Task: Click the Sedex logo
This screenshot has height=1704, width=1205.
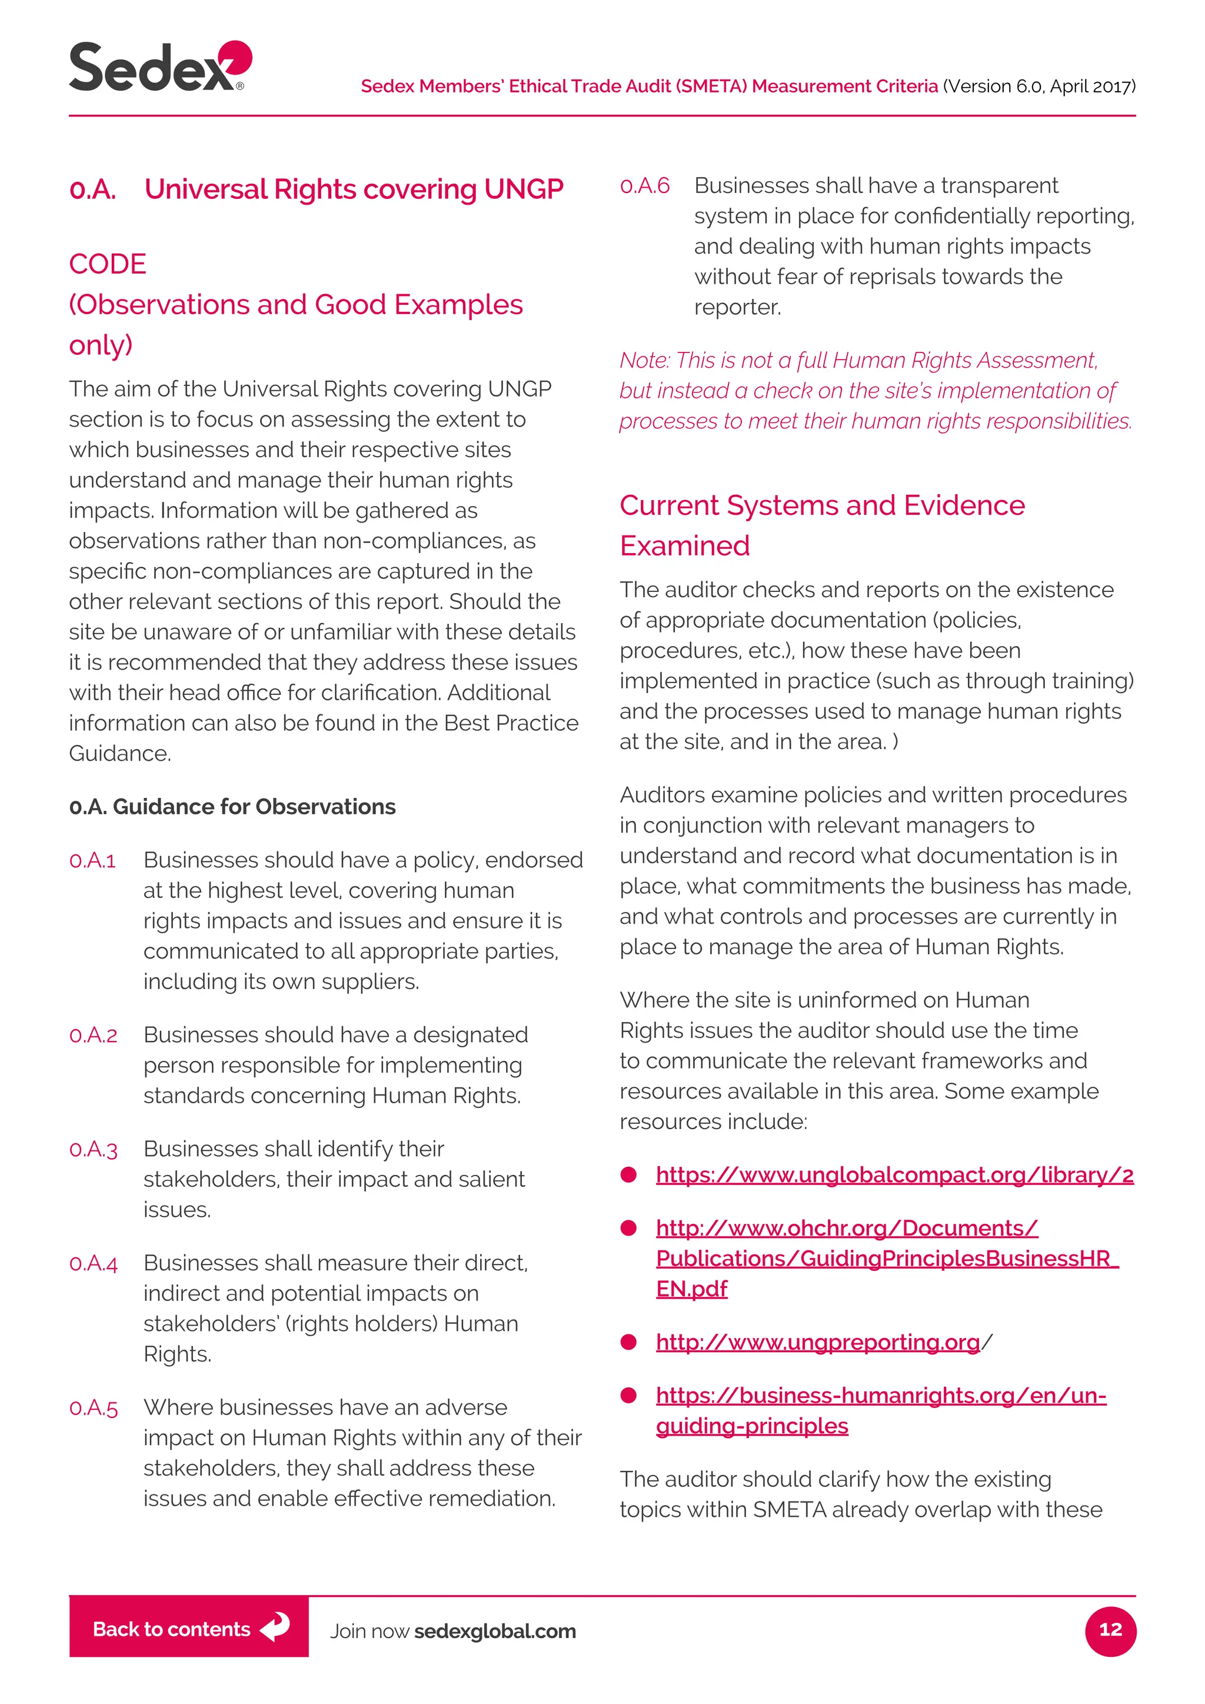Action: point(159,67)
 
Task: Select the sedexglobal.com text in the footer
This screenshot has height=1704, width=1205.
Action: point(495,1630)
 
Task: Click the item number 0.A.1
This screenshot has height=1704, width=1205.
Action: point(93,860)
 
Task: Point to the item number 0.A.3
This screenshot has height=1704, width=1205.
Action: point(94,1149)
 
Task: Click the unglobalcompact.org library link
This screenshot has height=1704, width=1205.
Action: point(894,1175)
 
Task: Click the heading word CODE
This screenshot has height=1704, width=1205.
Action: point(108,264)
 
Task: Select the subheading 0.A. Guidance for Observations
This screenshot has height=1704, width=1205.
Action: point(232,807)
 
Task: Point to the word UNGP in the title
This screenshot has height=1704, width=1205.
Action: point(523,189)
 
